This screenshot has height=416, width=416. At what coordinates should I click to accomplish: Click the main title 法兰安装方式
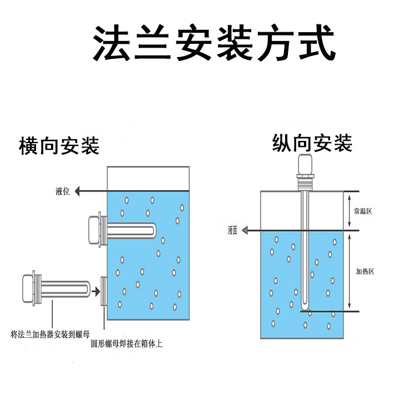(x=214, y=43)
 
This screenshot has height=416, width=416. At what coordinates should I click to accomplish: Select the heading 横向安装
(x=59, y=146)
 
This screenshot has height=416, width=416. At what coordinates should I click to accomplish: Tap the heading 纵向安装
(x=312, y=144)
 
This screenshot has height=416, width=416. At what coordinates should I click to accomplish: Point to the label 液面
(x=232, y=231)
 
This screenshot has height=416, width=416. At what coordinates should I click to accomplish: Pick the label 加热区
(x=365, y=271)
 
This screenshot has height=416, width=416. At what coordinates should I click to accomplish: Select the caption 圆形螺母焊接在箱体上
(x=126, y=344)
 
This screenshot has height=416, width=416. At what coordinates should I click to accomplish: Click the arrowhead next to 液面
(x=248, y=231)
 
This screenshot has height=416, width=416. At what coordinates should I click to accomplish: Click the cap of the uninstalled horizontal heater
(x=27, y=287)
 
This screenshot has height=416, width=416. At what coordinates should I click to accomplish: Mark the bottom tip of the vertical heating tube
(x=304, y=308)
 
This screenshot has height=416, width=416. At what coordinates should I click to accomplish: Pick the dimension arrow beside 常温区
(x=348, y=210)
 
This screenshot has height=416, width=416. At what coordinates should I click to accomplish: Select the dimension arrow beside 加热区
(x=349, y=271)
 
